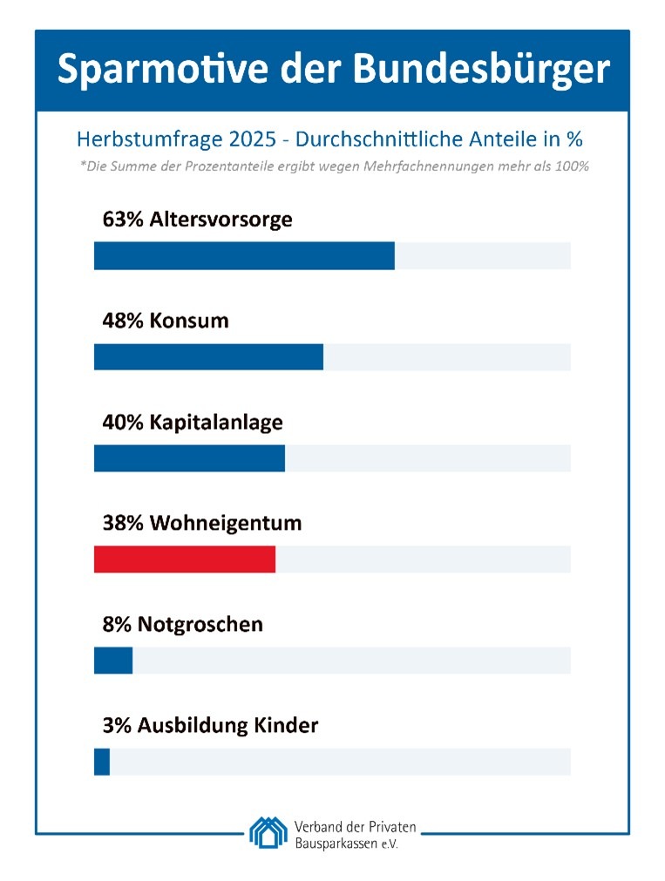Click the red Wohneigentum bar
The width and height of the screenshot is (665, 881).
(184, 559)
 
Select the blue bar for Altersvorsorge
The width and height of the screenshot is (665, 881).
(244, 256)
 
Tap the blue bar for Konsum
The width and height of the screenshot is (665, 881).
(208, 357)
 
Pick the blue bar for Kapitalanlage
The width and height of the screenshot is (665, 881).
(189, 458)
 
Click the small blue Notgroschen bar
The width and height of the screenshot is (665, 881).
(113, 661)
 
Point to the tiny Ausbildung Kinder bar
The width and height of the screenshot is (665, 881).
(102, 762)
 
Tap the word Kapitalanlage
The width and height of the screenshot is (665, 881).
(216, 423)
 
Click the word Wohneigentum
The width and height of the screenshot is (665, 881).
(226, 524)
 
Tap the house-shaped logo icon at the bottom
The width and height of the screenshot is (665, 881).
(268, 832)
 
